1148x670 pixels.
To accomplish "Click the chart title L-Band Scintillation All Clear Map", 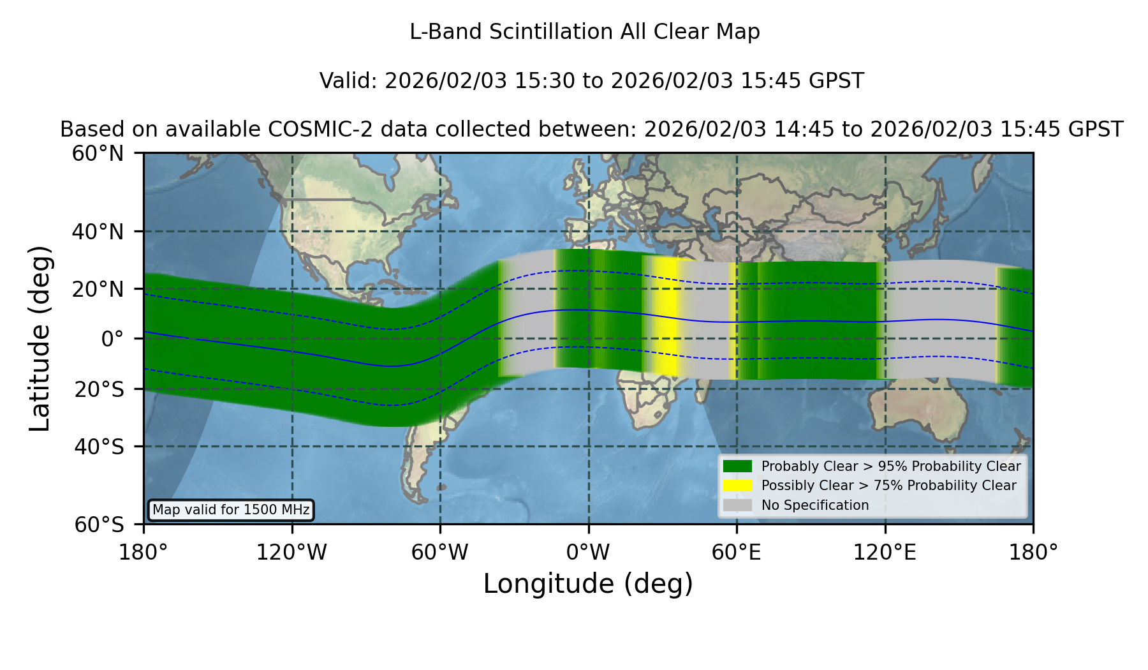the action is (585, 32).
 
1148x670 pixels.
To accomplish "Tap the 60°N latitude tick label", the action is (98, 154).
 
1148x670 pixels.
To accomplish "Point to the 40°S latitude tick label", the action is (99, 447).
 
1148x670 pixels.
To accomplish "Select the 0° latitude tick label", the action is (112, 339).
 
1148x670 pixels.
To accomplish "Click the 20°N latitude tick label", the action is (98, 289).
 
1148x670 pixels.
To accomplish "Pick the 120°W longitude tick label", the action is (291, 553).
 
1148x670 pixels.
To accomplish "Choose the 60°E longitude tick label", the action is (737, 553).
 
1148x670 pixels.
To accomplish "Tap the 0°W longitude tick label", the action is (588, 553).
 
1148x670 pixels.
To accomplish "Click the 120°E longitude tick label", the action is (885, 553).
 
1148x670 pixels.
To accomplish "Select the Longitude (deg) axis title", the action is (588, 584).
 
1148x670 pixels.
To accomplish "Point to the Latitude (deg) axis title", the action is (40, 338).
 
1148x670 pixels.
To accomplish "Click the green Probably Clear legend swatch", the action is (737, 466).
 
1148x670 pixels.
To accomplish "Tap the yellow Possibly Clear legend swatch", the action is (737, 486).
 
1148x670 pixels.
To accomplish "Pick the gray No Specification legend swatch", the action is (737, 505).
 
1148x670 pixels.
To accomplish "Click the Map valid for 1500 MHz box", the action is (231, 510).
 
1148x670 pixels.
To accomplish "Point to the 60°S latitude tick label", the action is (99, 525).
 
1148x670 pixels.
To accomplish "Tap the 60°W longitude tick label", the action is (439, 553).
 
